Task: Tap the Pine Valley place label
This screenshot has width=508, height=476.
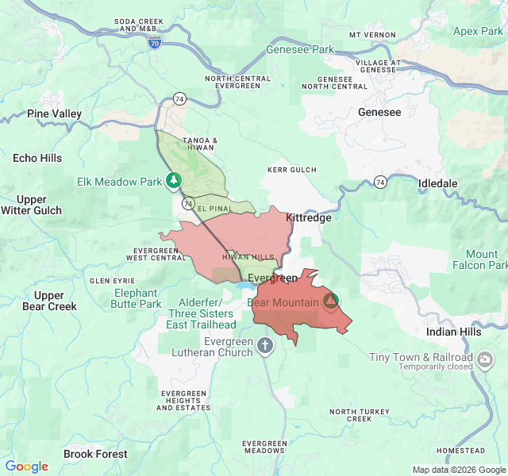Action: pos(55,114)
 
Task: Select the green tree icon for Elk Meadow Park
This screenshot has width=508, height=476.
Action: pos(173,182)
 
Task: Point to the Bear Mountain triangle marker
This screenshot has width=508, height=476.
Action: pos(331,301)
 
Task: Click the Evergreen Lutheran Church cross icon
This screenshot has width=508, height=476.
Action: pos(265,345)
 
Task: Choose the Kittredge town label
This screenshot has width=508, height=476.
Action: pos(308,217)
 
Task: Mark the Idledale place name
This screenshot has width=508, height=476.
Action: pos(438,183)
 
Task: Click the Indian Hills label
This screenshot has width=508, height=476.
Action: pos(453,332)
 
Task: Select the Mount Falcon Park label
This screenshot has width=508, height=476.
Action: pos(475,260)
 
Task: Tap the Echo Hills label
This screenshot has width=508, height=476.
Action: pos(37,158)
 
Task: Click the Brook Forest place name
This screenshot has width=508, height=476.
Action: pos(95,454)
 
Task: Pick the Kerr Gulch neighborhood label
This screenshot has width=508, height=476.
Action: pos(291,170)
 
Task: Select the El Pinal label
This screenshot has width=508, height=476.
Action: pos(214,208)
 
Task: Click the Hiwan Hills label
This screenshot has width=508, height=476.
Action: pos(248,257)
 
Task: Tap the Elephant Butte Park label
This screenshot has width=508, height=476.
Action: pos(136,298)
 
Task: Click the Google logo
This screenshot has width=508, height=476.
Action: pos(27,466)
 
